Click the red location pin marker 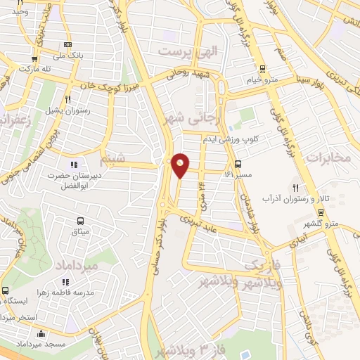[x=180, y=165]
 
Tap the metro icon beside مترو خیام [x=262, y=69]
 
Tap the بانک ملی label [x=73, y=55]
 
